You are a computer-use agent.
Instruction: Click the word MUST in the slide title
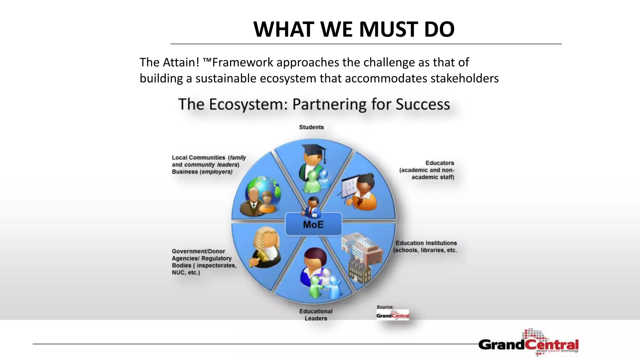[x=388, y=29]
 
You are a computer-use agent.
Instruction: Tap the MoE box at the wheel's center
[x=313, y=225]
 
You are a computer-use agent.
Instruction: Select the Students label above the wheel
[x=311, y=127]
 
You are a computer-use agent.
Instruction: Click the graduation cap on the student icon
[x=314, y=150]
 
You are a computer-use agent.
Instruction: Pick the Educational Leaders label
[x=316, y=315]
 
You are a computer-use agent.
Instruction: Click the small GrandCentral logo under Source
[x=393, y=315]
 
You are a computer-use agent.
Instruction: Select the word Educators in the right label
[x=439, y=163]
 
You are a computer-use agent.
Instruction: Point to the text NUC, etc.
[x=186, y=272]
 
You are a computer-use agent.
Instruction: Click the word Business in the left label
[x=185, y=172]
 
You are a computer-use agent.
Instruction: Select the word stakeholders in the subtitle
[x=464, y=78]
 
